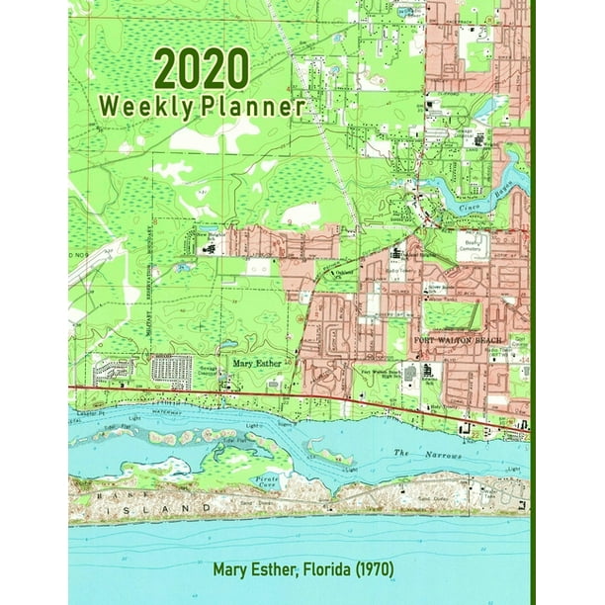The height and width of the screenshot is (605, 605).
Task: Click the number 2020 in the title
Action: (202, 70)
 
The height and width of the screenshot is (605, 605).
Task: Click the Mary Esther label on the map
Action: (256, 363)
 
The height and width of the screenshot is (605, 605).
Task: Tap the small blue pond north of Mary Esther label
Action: (229, 345)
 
